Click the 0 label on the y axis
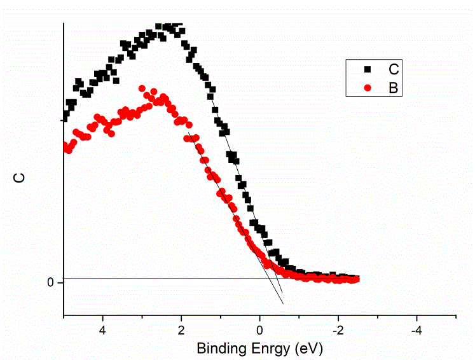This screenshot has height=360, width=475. pos(52,282)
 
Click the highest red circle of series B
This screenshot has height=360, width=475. pos(142,88)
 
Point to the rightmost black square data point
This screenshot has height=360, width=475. pos(356,279)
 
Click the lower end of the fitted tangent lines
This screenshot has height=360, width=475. pos(282,303)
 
